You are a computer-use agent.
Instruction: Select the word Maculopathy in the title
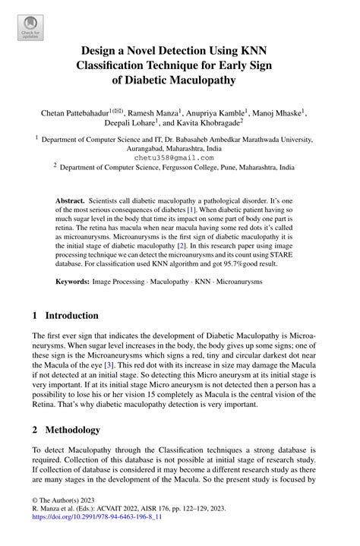point(199,79)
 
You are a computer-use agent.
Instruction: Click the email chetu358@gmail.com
point(180,157)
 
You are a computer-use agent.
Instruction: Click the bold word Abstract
point(70,199)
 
